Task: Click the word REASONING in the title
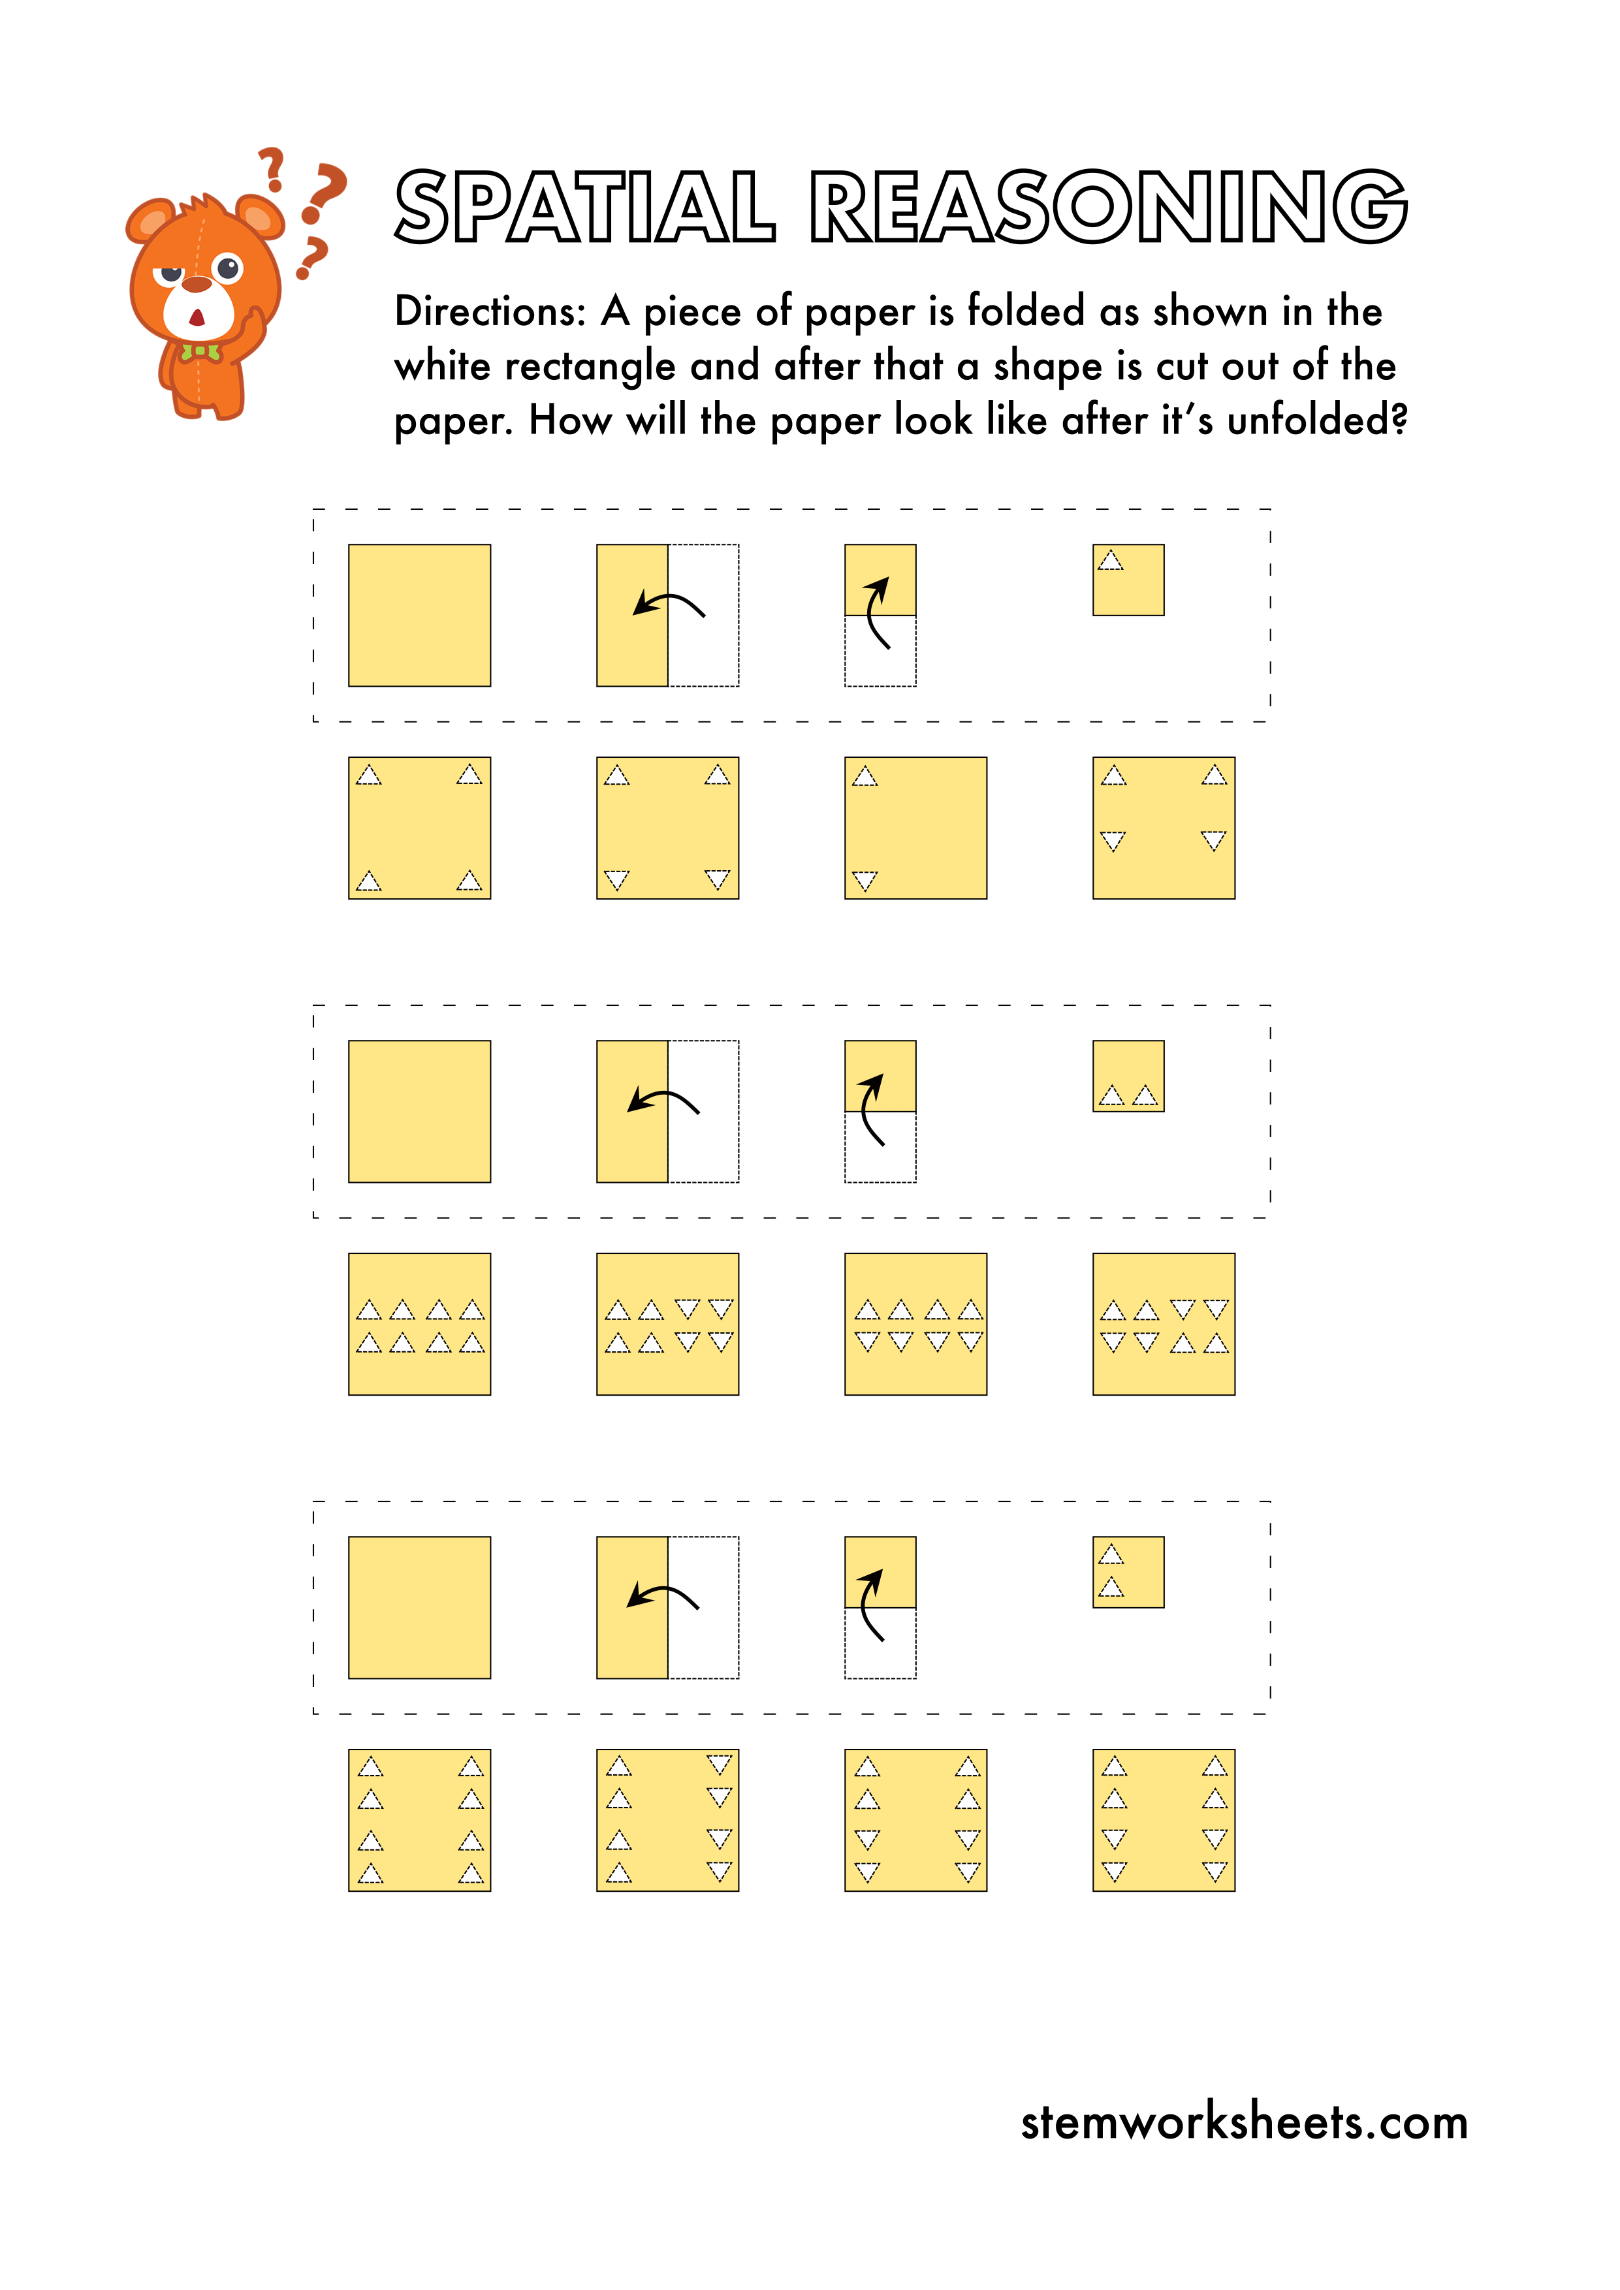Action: [1107, 208]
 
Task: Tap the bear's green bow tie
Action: [200, 352]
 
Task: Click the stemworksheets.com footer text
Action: [1243, 2122]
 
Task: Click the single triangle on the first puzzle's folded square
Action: [1110, 561]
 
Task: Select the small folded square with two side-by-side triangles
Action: [1128, 1076]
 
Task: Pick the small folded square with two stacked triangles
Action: [1128, 1572]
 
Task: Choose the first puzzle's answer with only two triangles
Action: [915, 828]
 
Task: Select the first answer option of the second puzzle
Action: [419, 1323]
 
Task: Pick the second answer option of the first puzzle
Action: [667, 828]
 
